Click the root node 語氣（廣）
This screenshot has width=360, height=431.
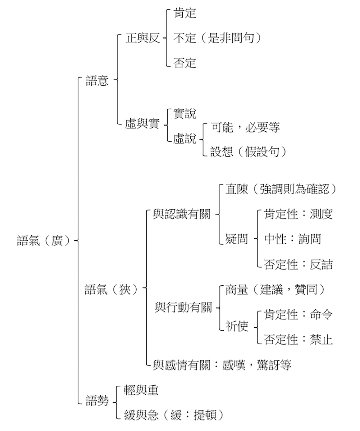[45, 240]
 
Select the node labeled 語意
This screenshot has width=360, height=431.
[97, 81]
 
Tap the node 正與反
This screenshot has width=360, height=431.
[142, 38]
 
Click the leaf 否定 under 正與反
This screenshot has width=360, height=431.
[185, 63]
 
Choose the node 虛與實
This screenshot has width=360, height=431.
[142, 124]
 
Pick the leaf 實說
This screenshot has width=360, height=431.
[185, 114]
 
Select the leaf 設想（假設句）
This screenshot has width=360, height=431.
[249, 152]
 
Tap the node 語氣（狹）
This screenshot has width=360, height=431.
[111, 289]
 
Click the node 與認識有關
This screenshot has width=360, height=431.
[181, 215]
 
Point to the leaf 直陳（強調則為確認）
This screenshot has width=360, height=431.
[281, 190]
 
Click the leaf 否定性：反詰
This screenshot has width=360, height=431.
[298, 264]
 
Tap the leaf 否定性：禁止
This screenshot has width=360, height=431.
[298, 339]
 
